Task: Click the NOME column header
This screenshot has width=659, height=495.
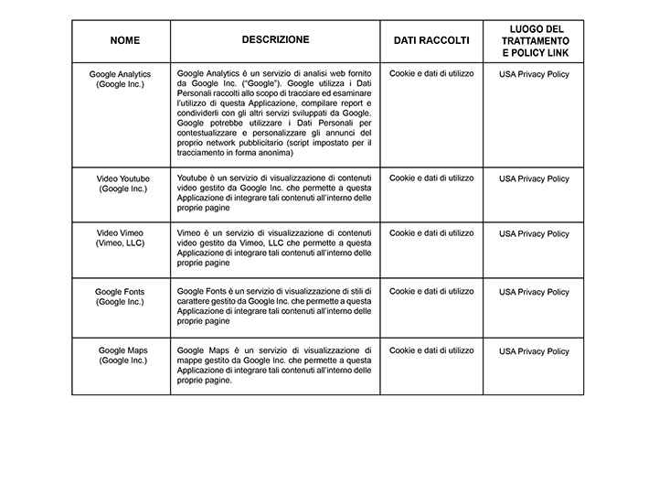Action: (x=120, y=41)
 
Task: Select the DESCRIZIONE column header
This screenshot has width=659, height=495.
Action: (x=275, y=40)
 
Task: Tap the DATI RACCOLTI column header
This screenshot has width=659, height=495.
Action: (x=431, y=41)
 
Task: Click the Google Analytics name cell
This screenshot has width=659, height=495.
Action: (x=121, y=79)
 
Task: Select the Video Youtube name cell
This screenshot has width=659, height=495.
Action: (x=122, y=183)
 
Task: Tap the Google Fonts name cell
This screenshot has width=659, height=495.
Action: (x=121, y=296)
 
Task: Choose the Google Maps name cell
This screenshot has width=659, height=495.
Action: (x=122, y=355)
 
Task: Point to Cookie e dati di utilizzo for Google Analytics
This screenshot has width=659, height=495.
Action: (x=431, y=73)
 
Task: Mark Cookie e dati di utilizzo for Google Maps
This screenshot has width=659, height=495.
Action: (x=431, y=350)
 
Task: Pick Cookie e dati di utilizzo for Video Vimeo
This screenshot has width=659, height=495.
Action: (x=431, y=233)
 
